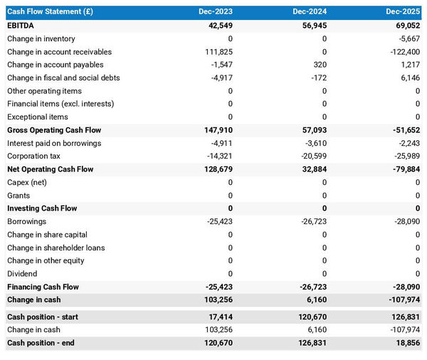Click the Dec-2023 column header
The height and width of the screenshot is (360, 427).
pos(216,12)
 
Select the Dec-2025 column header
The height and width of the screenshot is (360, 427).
pos(404,12)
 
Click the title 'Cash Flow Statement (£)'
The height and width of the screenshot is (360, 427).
pos(50,12)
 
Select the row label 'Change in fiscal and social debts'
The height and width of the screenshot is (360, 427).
pos(63,78)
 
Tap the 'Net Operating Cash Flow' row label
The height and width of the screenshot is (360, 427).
pos(50,169)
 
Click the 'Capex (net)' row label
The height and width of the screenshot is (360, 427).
pos(27,182)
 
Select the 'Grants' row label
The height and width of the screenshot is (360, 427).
pos(19,195)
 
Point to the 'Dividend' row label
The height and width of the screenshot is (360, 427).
pos(22,273)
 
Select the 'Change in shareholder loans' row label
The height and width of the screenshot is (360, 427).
pos(56,248)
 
